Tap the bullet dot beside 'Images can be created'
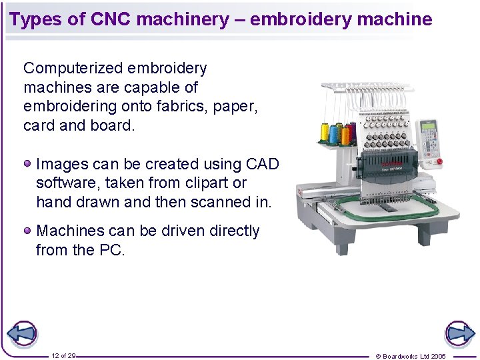click(x=27, y=163)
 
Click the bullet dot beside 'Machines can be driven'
click(x=27, y=230)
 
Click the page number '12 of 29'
click(x=63, y=356)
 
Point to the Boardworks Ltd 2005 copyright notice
click(x=411, y=356)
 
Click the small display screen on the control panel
click(x=427, y=127)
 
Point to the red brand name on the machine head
click(x=389, y=163)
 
